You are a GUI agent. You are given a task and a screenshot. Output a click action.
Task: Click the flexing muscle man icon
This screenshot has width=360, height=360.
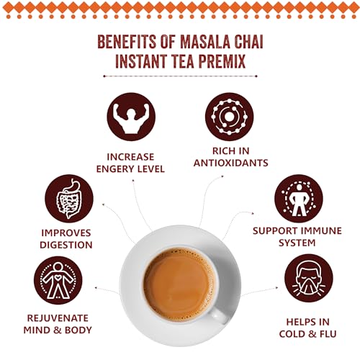tap(131, 117)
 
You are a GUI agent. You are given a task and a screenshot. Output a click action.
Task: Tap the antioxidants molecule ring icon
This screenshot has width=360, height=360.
tap(230, 117)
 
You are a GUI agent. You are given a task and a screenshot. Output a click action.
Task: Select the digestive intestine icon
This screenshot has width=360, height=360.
tap(69, 199)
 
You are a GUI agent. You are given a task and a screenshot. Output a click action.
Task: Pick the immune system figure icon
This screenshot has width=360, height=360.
tap(299, 199)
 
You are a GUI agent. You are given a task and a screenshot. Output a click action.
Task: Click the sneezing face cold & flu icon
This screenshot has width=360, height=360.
tap(309, 279)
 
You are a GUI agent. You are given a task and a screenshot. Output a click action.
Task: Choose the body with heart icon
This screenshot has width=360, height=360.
tap(58, 280)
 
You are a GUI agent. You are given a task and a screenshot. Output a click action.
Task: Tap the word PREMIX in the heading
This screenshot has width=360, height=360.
tap(222, 61)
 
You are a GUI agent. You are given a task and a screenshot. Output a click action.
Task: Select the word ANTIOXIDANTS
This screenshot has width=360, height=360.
tap(231, 163)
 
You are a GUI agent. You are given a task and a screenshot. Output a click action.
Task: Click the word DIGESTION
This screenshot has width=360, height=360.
tap(66, 245)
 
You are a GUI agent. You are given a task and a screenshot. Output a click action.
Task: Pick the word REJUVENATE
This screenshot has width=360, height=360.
tap(58, 318)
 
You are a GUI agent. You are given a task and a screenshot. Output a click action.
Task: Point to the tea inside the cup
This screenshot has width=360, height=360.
tap(179, 285)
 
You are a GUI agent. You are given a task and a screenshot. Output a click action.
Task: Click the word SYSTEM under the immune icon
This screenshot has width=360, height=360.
tap(297, 243)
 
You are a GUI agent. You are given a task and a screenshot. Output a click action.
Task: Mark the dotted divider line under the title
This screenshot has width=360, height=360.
tap(180, 76)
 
